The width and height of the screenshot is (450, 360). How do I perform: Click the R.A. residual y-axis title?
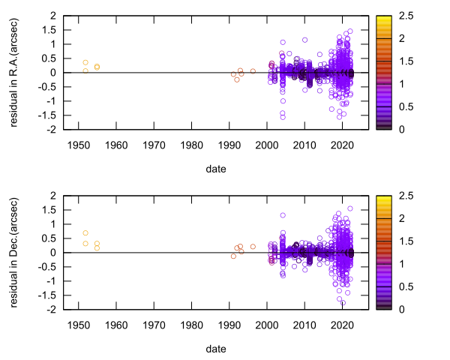tap(14, 72)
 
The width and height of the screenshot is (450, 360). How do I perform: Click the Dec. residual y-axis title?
tap(14, 252)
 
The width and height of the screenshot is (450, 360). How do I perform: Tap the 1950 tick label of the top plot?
tap(78, 143)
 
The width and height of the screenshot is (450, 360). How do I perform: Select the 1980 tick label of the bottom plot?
tap(191, 323)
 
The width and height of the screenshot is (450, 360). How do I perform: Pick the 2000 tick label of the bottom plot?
tap(266, 323)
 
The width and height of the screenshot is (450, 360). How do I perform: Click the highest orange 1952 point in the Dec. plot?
tap(85, 233)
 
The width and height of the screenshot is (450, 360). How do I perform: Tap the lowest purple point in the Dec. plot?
tap(343, 303)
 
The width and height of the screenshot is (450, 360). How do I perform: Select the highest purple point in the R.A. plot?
tap(350, 31)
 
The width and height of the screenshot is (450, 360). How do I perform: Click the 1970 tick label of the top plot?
tap(154, 143)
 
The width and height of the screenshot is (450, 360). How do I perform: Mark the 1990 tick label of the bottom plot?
tap(229, 323)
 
